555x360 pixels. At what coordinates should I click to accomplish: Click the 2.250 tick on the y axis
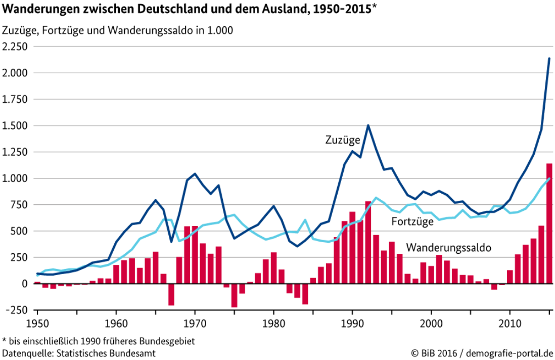coord(16,47)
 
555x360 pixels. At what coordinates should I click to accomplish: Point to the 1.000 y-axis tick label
coord(16,178)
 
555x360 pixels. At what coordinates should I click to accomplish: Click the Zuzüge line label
coord(342,140)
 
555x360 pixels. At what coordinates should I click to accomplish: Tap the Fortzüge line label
coord(412,221)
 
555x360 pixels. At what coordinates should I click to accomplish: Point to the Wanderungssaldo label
coord(449,248)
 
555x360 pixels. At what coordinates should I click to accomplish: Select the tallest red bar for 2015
coord(549,223)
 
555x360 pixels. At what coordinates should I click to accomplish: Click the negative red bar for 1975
coord(234,295)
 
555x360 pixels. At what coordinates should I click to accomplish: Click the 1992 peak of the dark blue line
coord(368,125)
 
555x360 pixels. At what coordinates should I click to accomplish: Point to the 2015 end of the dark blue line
coord(549,59)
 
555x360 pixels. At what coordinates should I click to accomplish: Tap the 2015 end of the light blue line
coord(549,178)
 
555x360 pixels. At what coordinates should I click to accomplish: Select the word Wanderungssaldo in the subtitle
coord(160,30)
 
